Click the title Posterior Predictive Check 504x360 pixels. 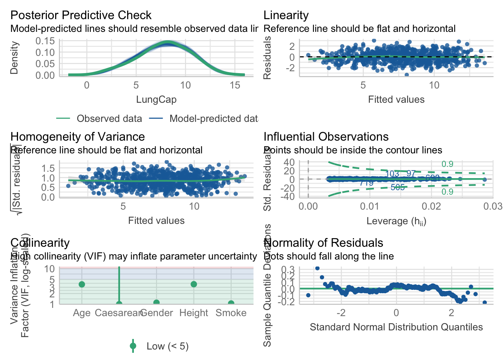[x=81, y=15]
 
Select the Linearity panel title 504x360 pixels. [x=286, y=15]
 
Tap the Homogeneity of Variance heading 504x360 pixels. [x=77, y=136]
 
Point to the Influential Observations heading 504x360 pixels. [x=326, y=136]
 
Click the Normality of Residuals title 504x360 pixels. [x=323, y=243]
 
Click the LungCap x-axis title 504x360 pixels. [x=156, y=99]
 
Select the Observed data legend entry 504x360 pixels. [x=109, y=118]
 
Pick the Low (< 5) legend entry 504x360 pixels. [x=167, y=346]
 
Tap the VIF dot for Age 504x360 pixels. [x=82, y=284]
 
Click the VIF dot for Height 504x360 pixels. [x=193, y=284]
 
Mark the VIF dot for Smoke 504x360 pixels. [x=231, y=303]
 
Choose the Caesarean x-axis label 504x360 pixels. [x=118, y=313]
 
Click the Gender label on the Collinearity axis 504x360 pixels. [x=156, y=313]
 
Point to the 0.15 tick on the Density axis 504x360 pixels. [x=45, y=40]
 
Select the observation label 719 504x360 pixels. [x=366, y=183]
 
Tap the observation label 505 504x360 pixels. [x=397, y=187]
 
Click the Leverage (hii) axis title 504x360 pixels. [x=396, y=221]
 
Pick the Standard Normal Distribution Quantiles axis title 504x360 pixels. [x=396, y=327]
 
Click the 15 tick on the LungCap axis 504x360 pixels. [x=235, y=85]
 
